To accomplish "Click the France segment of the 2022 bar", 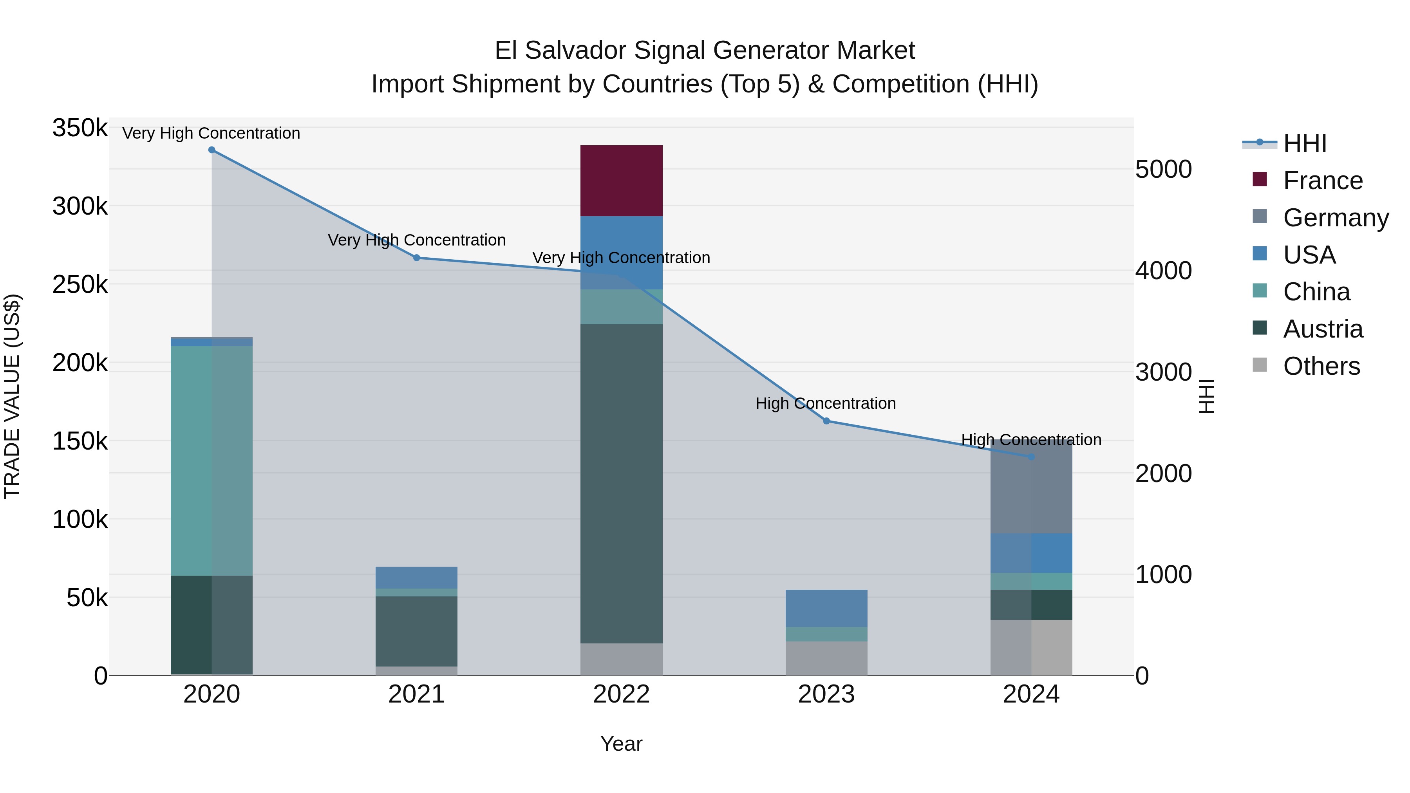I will pos(621,181).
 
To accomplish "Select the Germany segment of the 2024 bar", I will pos(1031,487).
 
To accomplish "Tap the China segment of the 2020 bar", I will pos(212,460).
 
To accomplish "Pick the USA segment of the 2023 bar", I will pos(826,608).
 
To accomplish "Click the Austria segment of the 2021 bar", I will pos(417,631).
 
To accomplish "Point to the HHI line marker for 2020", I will pos(212,150).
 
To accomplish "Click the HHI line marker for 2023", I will pos(826,421).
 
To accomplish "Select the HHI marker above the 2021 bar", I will pos(417,258).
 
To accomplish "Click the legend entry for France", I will pos(1322,181).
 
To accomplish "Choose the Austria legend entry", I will pos(1322,329).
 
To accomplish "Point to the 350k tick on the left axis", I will pos(80,128).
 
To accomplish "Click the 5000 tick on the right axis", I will pos(1163,169).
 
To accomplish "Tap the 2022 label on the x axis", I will pos(621,694).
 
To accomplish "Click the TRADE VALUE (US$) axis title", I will pos(12,396).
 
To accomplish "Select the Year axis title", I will pos(621,744).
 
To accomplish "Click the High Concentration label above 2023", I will pos(825,403).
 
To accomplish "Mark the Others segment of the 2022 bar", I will pos(621,659).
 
